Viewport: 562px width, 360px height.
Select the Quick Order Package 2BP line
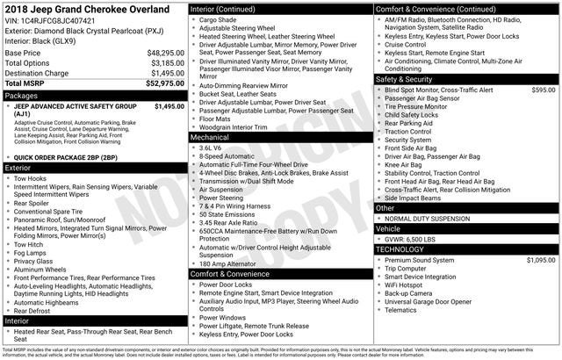pos(66,157)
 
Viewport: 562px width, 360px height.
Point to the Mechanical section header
pos(210,138)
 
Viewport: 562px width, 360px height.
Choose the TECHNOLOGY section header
pos(401,249)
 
